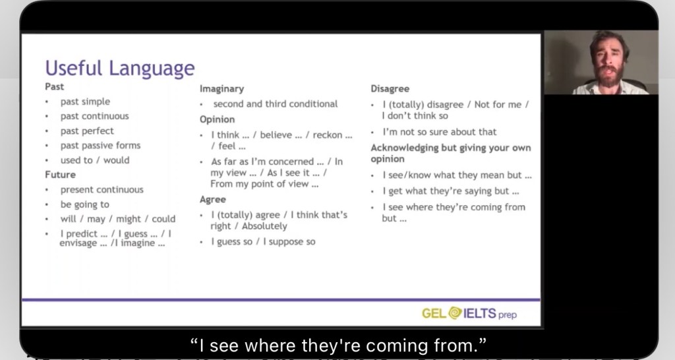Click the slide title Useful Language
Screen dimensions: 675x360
coord(120,69)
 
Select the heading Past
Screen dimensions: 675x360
coord(54,86)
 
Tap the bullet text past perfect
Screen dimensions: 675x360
coord(87,131)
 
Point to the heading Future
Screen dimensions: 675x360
coord(60,175)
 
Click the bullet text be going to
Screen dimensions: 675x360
coord(85,204)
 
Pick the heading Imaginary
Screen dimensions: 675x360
coord(221,89)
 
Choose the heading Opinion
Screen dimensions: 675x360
coord(218,119)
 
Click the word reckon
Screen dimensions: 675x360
coord(327,135)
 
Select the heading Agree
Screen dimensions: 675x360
coord(213,200)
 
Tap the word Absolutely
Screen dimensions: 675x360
coord(264,226)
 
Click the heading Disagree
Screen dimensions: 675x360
coord(390,89)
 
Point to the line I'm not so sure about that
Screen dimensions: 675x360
coord(440,132)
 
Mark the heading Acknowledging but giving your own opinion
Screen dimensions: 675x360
coord(451,154)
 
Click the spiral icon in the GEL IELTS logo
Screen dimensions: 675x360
coord(455,313)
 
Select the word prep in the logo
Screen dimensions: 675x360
coord(508,315)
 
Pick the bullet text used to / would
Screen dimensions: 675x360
coord(95,160)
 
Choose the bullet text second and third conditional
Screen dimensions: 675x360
coord(276,104)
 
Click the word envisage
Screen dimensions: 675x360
coord(78,243)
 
